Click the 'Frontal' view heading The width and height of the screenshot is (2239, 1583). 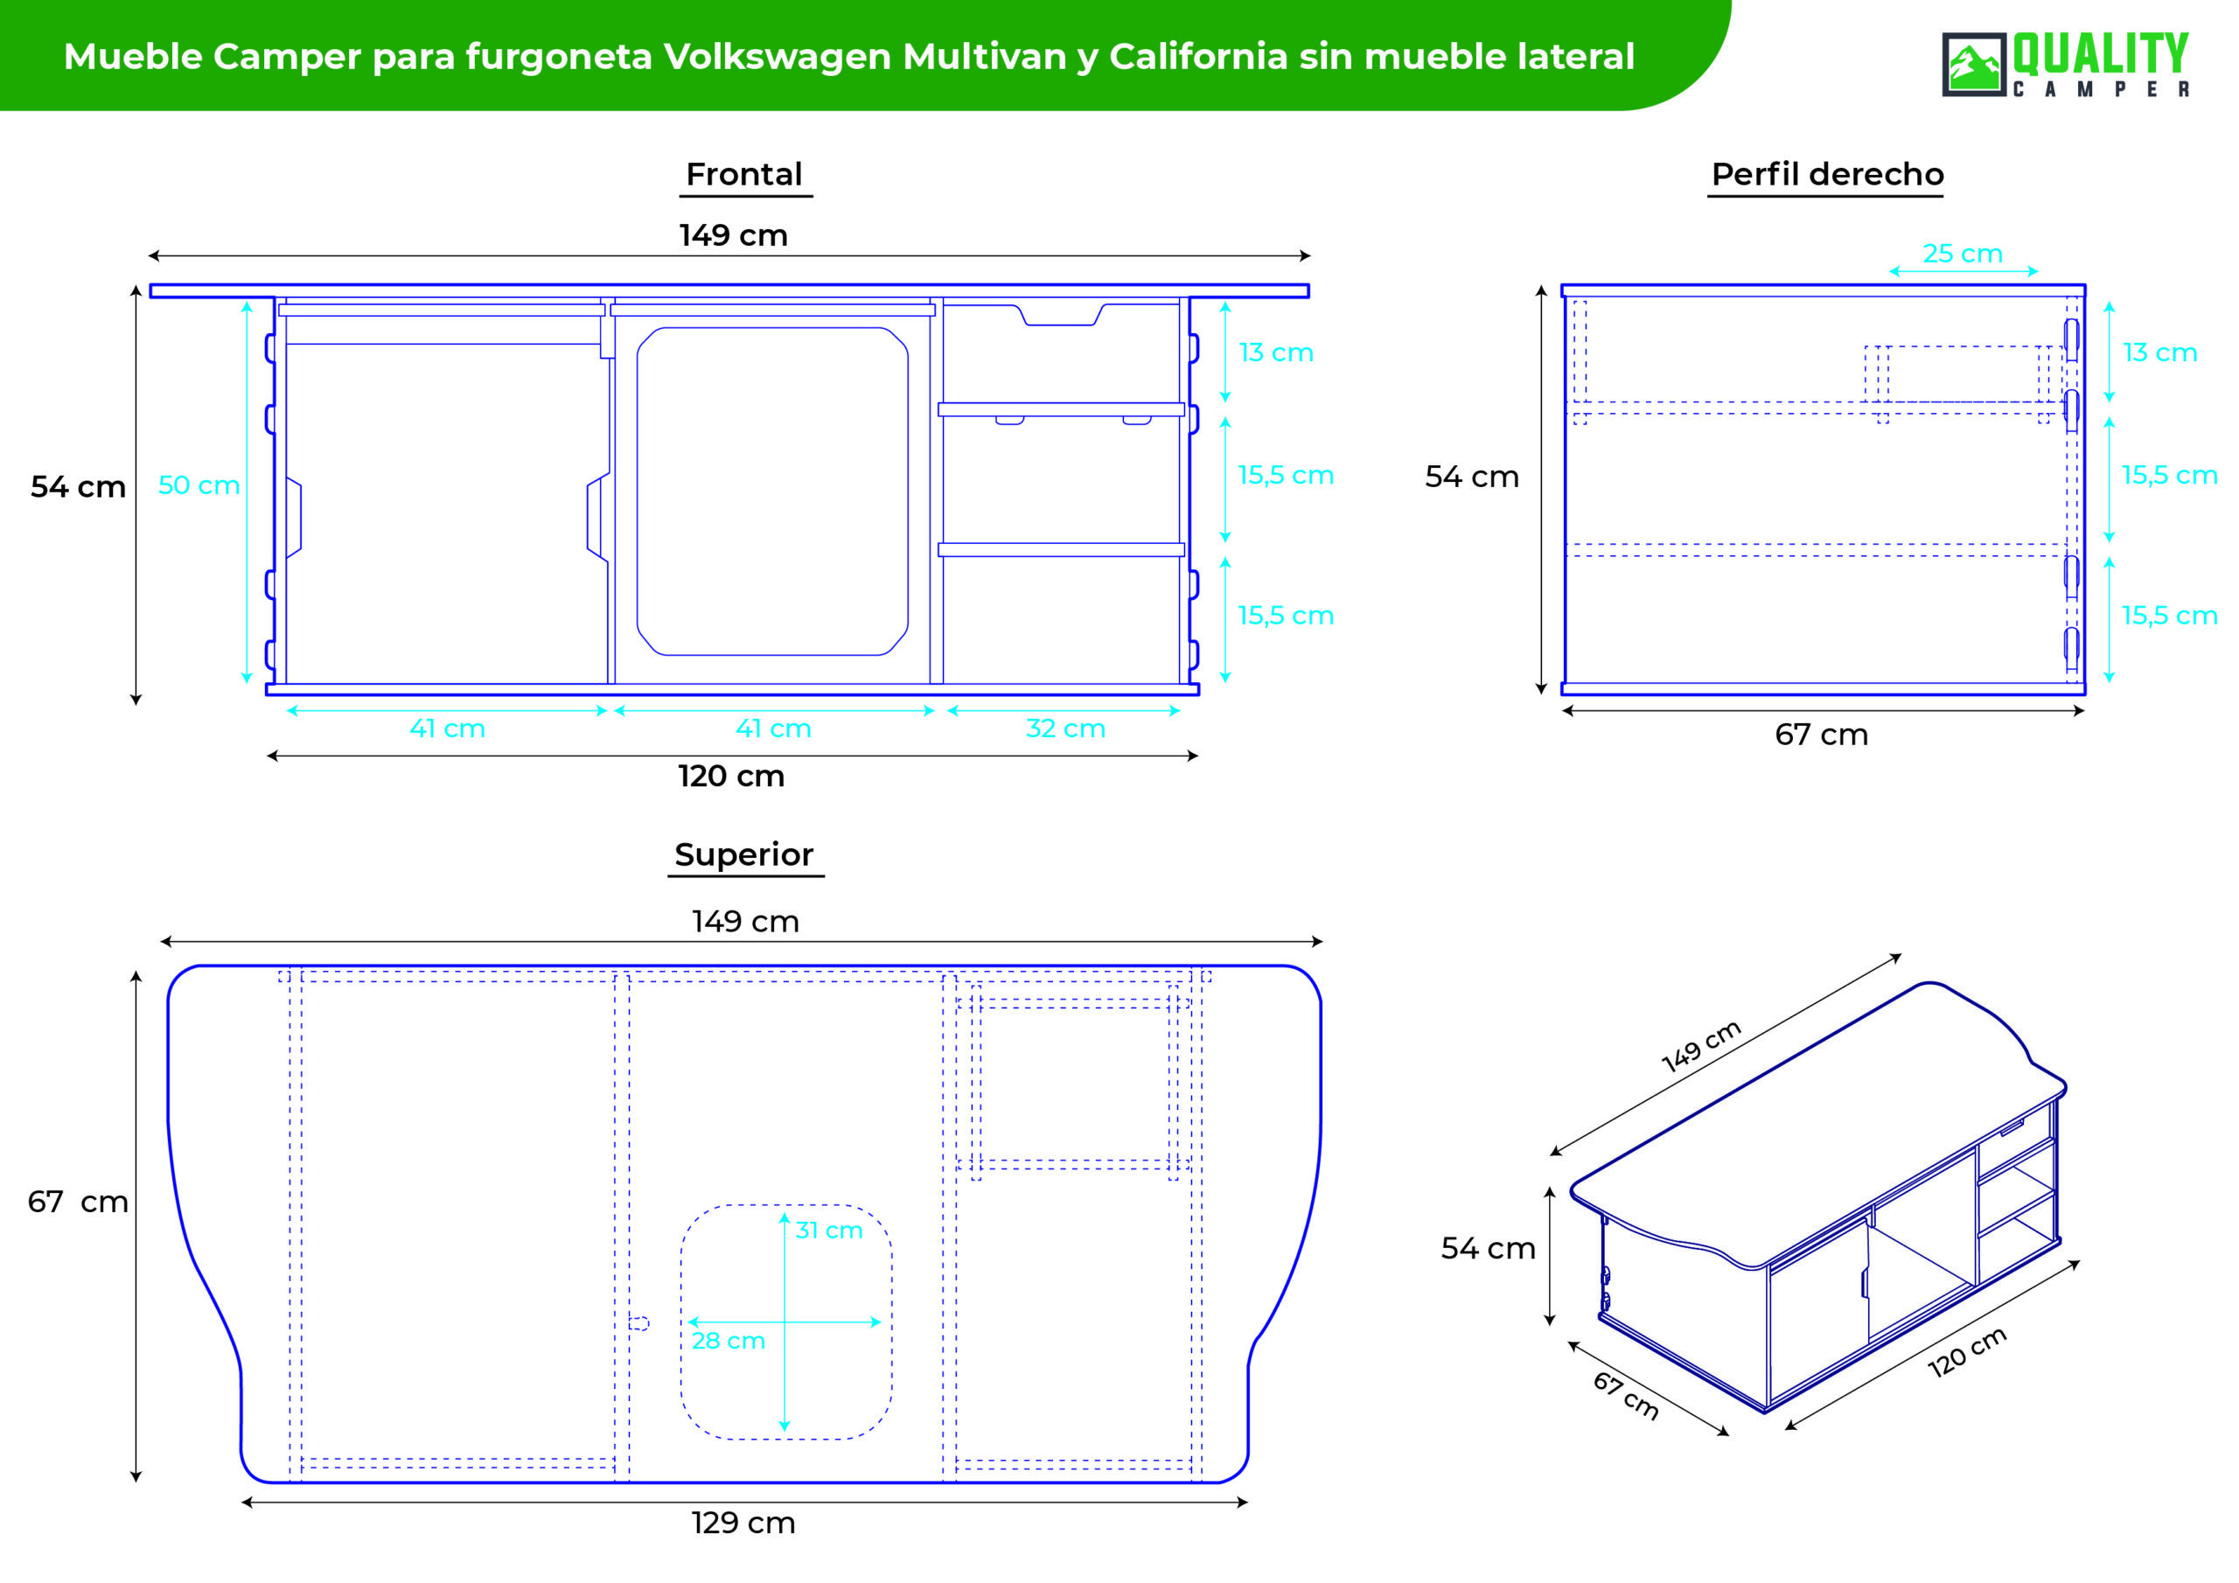pos(744,175)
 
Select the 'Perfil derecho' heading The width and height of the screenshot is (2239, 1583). pos(1827,175)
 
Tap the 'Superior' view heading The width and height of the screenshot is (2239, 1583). pos(744,854)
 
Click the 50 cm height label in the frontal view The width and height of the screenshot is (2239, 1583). pos(199,485)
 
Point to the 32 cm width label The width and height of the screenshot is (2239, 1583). pos(1065,729)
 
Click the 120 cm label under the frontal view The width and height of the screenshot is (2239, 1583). pos(731,777)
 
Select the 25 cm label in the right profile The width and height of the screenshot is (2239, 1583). pos(1962,254)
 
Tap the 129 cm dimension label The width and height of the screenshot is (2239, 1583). pos(743,1523)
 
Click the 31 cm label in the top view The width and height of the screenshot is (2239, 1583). pos(829,1230)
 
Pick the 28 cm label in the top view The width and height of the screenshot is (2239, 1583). pos(728,1341)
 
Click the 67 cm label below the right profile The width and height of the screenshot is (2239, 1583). pos(1822,735)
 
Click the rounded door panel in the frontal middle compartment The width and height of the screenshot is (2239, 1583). pos(772,491)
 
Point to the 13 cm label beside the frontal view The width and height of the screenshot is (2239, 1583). pos(1275,353)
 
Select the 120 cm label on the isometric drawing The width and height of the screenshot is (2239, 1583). pos(1967,1352)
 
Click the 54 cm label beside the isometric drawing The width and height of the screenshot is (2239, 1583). pos(1488,1248)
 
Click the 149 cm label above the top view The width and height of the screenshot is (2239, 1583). pos(745,922)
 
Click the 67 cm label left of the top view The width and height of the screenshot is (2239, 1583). pos(78,1202)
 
